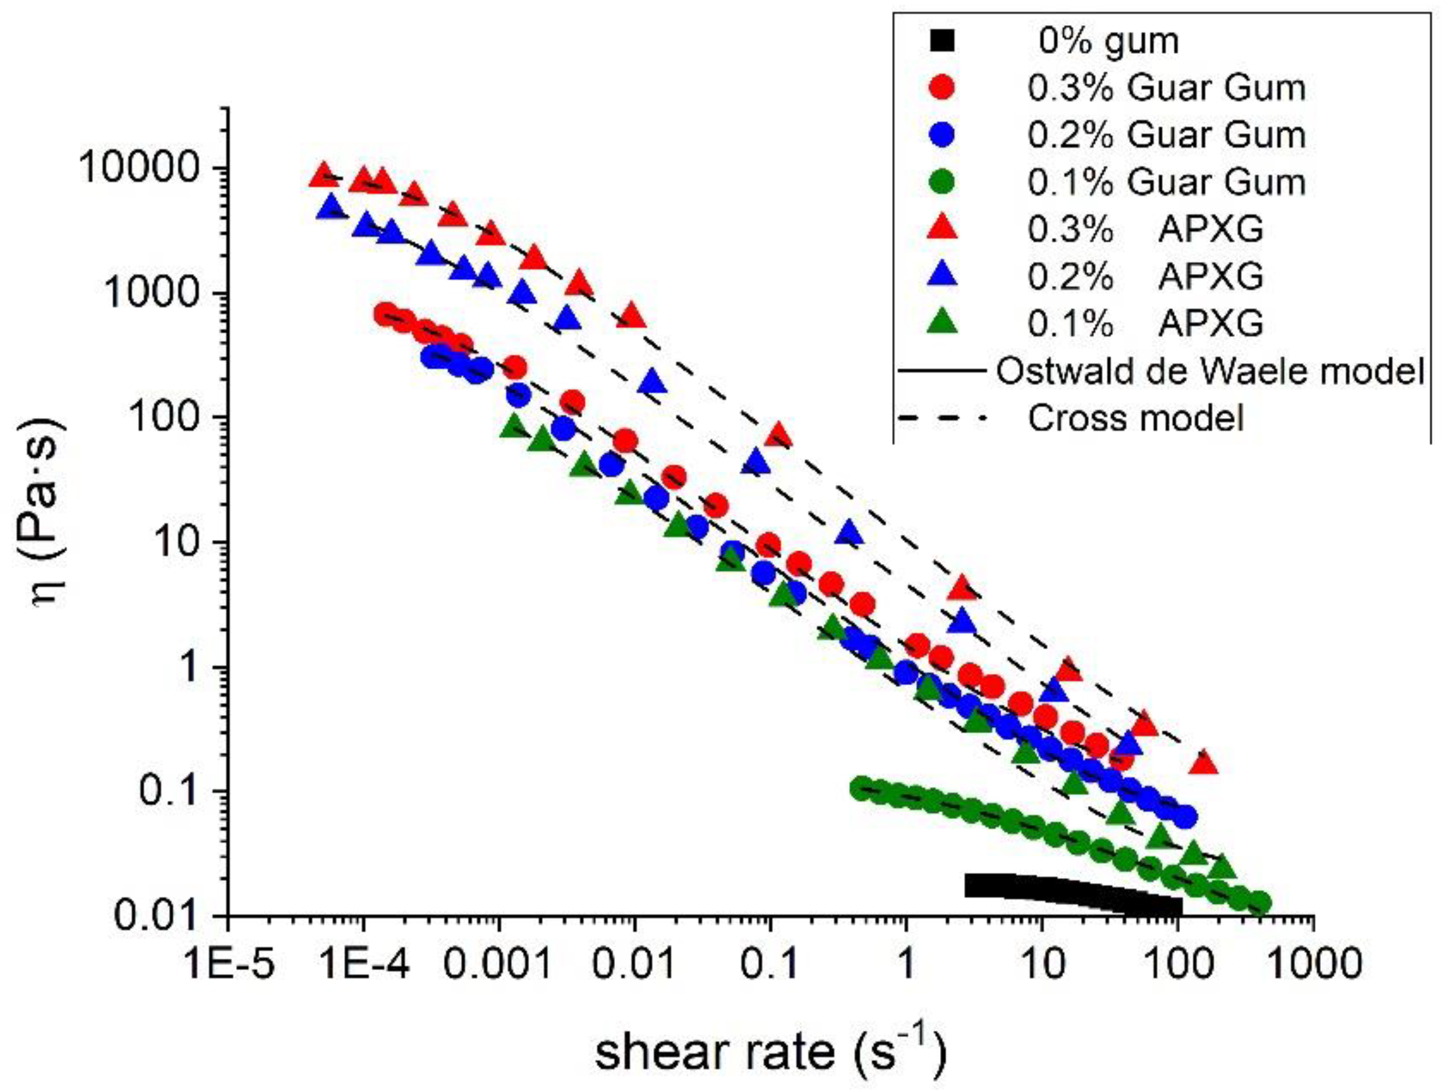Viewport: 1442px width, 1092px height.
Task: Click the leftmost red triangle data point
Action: click(x=321, y=175)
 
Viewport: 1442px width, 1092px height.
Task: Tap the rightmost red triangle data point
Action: click(x=1205, y=762)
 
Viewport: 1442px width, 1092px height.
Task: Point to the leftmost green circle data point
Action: click(x=862, y=788)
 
